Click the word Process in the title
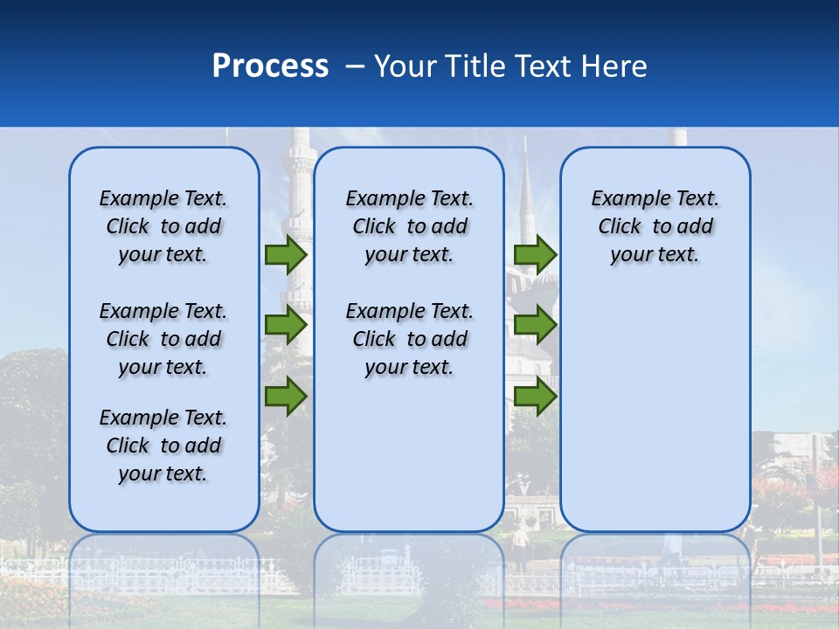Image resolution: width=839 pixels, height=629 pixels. tap(270, 66)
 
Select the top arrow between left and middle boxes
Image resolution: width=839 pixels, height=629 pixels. tap(286, 254)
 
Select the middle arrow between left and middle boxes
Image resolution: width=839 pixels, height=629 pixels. tap(286, 325)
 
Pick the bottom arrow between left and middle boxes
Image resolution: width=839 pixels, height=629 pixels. tap(286, 397)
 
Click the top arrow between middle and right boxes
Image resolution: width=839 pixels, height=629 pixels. tap(535, 254)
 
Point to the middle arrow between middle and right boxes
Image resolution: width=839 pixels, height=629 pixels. tap(535, 325)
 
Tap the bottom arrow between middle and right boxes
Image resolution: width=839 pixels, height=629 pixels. tap(535, 397)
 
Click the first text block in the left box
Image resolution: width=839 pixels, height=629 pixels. tap(163, 226)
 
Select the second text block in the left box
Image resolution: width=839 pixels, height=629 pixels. tap(163, 339)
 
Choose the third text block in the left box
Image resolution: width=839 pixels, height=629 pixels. tap(163, 446)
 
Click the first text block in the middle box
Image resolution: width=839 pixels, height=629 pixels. tap(410, 226)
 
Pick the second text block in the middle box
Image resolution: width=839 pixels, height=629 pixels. tap(410, 339)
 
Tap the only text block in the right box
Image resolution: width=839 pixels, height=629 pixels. tap(655, 226)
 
